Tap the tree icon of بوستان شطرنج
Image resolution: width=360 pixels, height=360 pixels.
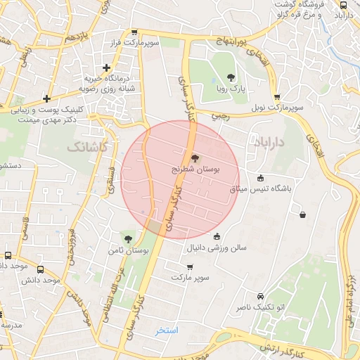(195, 158)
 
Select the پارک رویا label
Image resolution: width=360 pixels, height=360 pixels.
(231, 90)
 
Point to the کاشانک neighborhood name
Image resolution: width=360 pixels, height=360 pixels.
(87, 147)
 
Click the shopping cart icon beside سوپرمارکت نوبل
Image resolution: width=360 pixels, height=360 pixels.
(276, 98)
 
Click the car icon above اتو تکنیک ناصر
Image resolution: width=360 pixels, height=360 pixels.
(261, 296)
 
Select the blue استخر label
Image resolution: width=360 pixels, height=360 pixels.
(167, 330)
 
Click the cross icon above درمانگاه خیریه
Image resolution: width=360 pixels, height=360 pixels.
(106, 68)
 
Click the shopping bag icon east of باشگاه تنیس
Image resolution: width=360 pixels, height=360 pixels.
(302, 214)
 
